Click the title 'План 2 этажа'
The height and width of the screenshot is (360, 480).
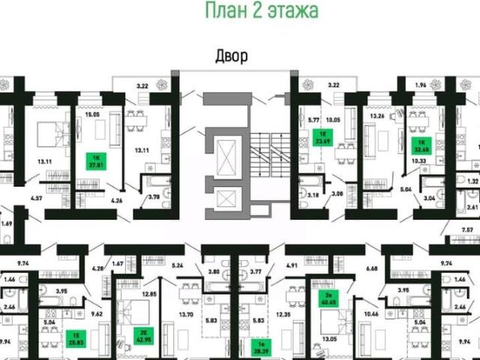pyautogui.click(x=261, y=10)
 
